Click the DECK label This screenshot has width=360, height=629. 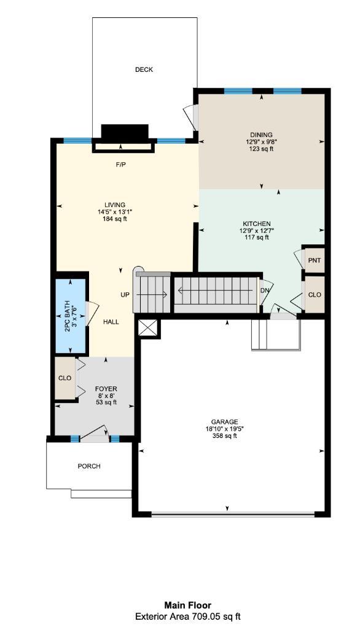coord(144,70)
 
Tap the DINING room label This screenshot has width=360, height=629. coord(261,135)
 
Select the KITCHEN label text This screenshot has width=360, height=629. coord(257,224)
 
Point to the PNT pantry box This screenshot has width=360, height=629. coord(315,260)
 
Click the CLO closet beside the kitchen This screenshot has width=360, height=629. coord(315,295)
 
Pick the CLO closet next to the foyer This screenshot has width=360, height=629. coord(65,378)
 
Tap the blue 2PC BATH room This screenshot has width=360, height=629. coord(71,317)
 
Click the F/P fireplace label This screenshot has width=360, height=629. coord(121,165)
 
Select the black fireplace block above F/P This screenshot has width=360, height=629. coord(125,132)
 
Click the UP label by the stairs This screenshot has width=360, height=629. coord(125,295)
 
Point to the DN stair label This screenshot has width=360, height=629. coord(265,291)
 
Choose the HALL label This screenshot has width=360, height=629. coord(111,322)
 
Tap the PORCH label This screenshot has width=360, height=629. coord(88,466)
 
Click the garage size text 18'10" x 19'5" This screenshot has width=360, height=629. coord(225,429)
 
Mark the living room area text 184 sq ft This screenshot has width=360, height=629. coord(115,219)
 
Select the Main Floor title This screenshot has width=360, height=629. coord(187,605)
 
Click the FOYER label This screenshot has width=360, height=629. coord(106,389)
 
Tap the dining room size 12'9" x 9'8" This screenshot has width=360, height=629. coord(261,142)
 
